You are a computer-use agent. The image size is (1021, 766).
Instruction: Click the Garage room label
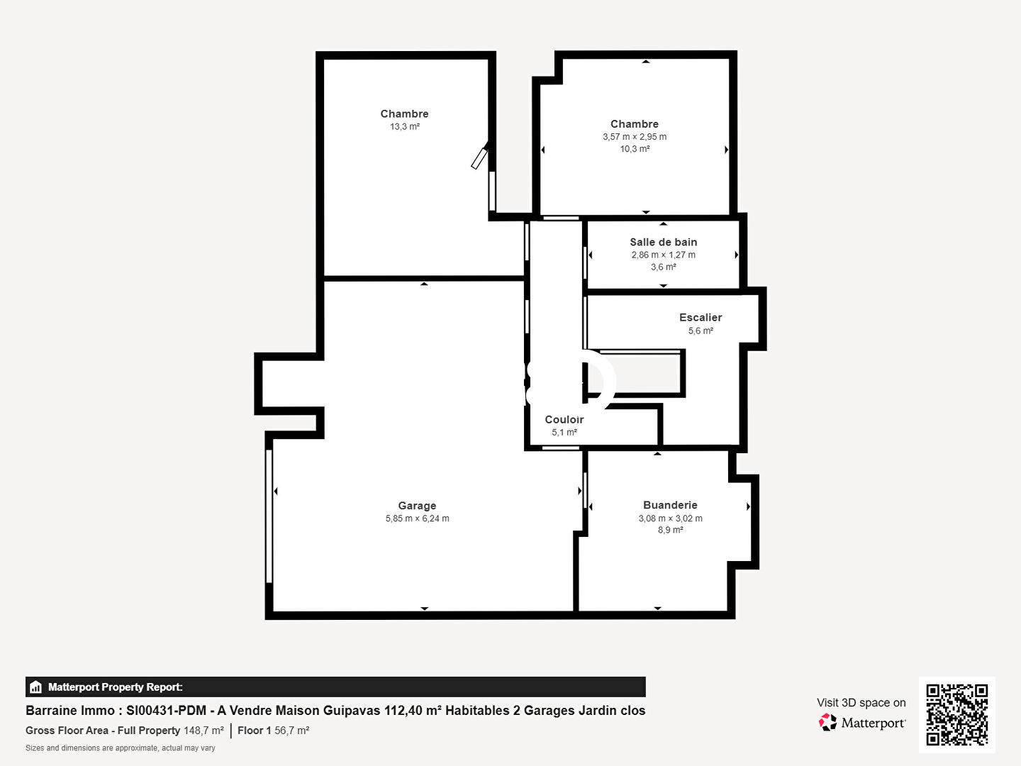point(417,506)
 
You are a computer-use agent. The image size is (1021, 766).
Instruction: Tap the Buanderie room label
point(670,505)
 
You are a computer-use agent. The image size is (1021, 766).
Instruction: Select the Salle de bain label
point(664,242)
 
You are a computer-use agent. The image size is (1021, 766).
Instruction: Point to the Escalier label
point(701,317)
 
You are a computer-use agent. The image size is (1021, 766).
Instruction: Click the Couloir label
point(564,419)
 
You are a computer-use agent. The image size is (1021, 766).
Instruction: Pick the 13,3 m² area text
point(405,126)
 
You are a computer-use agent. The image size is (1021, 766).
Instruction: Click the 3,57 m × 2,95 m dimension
point(635,137)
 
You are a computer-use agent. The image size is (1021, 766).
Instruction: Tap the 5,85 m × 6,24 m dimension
point(417,518)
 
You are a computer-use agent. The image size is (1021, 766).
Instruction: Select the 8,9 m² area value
point(670,530)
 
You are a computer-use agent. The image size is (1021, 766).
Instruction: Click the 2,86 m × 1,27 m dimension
point(664,255)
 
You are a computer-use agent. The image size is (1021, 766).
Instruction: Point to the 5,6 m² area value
point(701,331)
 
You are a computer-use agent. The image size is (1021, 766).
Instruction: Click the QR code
point(956,714)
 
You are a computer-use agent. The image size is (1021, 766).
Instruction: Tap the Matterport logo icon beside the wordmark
point(827,722)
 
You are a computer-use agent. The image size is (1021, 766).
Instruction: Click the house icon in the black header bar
point(35,687)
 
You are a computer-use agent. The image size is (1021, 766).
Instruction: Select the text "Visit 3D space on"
point(861,703)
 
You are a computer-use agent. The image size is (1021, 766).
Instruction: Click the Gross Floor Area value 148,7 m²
point(203,731)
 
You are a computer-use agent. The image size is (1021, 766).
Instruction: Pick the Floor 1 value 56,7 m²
point(291,731)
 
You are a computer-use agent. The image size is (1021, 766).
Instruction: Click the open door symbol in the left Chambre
point(479,156)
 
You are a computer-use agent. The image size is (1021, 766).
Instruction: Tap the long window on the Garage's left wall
point(269,516)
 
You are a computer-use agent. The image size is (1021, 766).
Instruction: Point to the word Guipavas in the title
point(352,711)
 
